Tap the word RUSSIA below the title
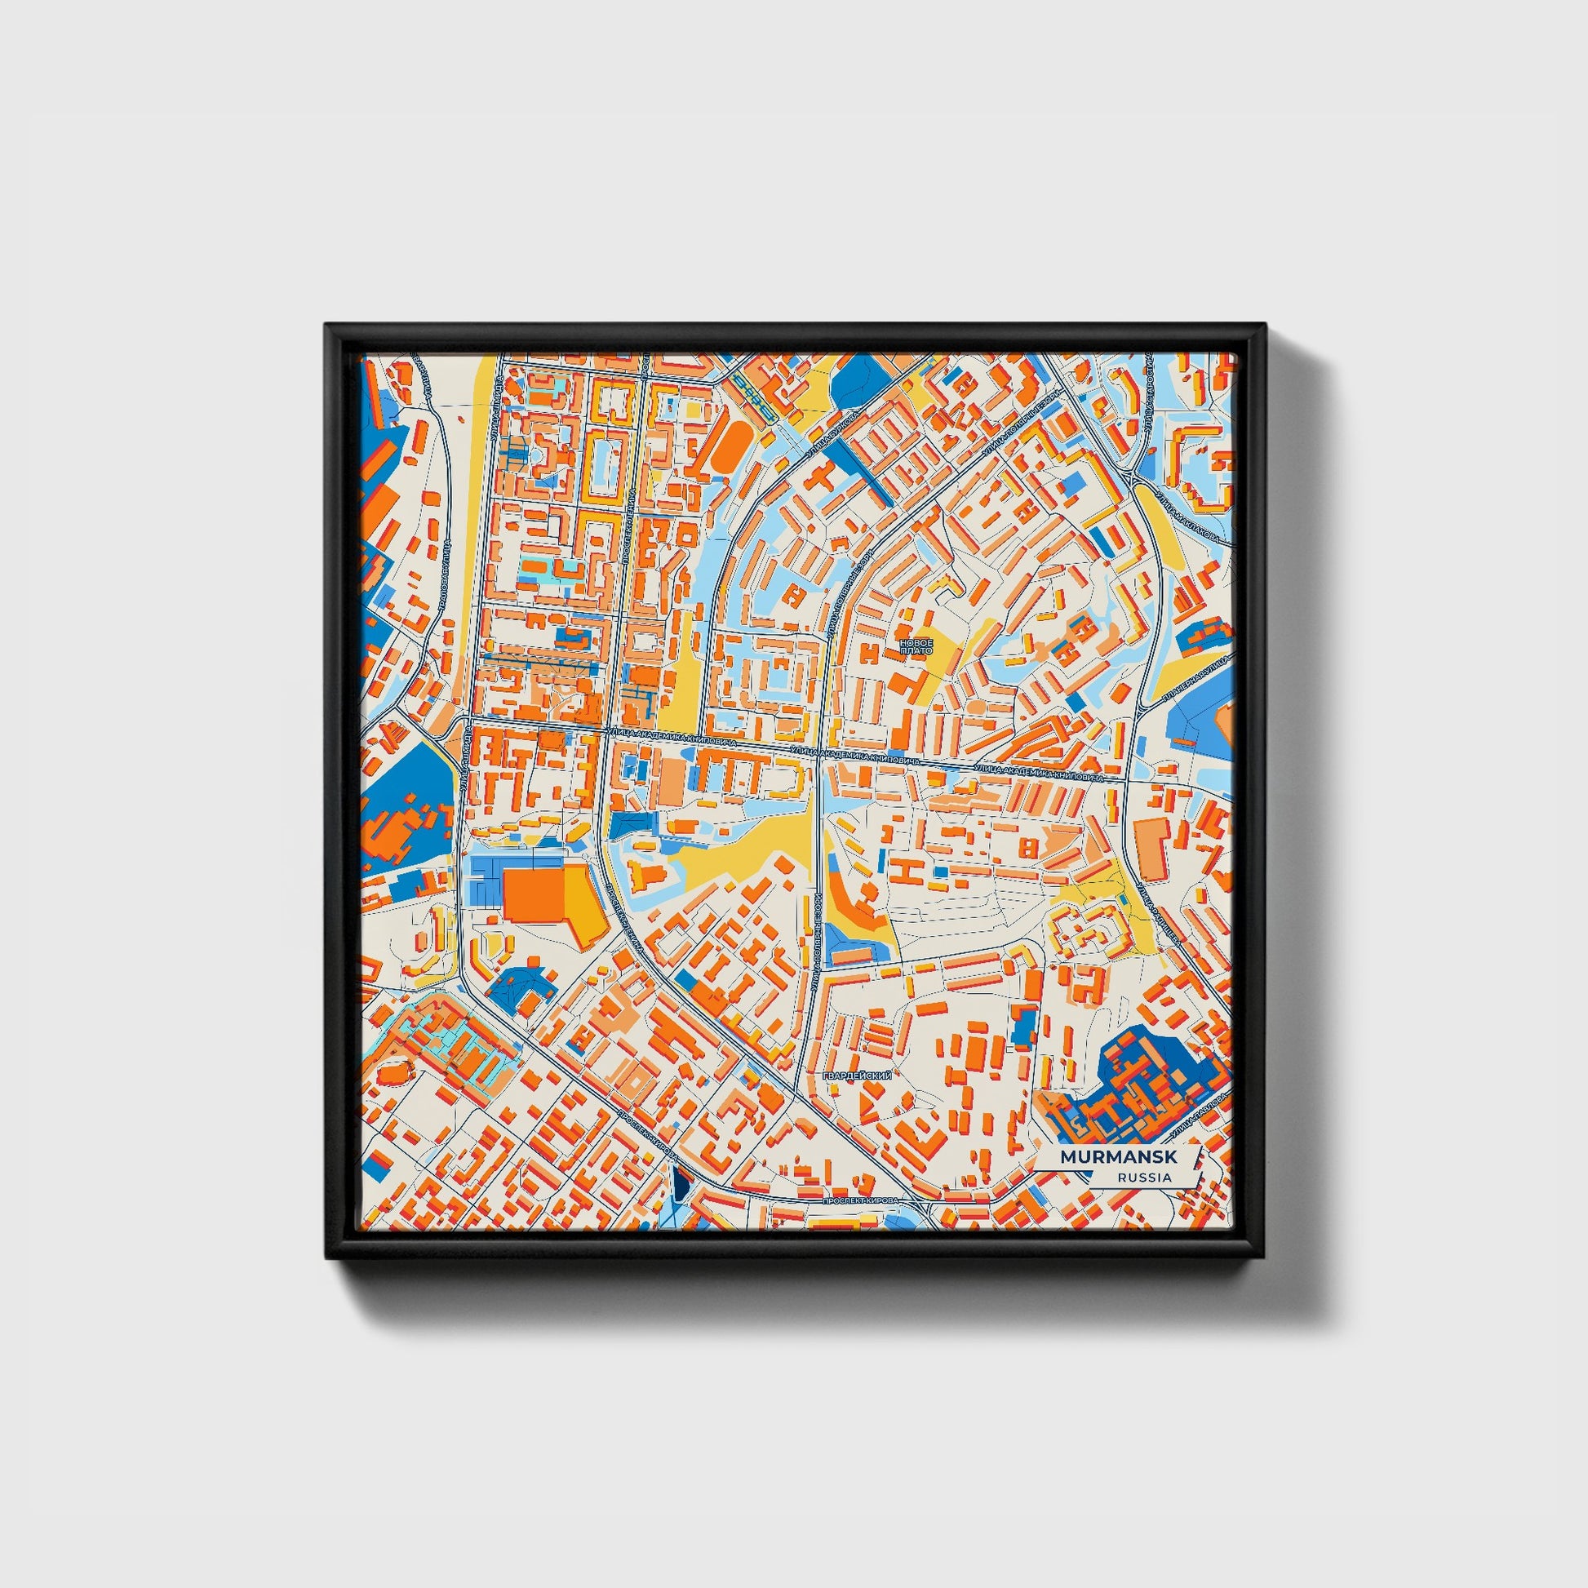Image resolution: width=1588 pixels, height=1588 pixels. [x=1144, y=1178]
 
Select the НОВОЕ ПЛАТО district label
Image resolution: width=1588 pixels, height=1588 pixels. [x=916, y=645]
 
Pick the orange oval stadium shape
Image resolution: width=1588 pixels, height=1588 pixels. [x=727, y=449]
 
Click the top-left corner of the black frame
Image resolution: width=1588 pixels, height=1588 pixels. [x=326, y=325]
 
